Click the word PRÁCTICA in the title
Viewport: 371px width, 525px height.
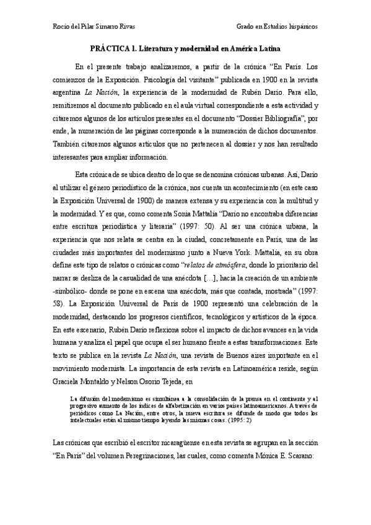pyautogui.click(x=105, y=48)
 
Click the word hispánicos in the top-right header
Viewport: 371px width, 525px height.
pyautogui.click(x=300, y=27)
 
